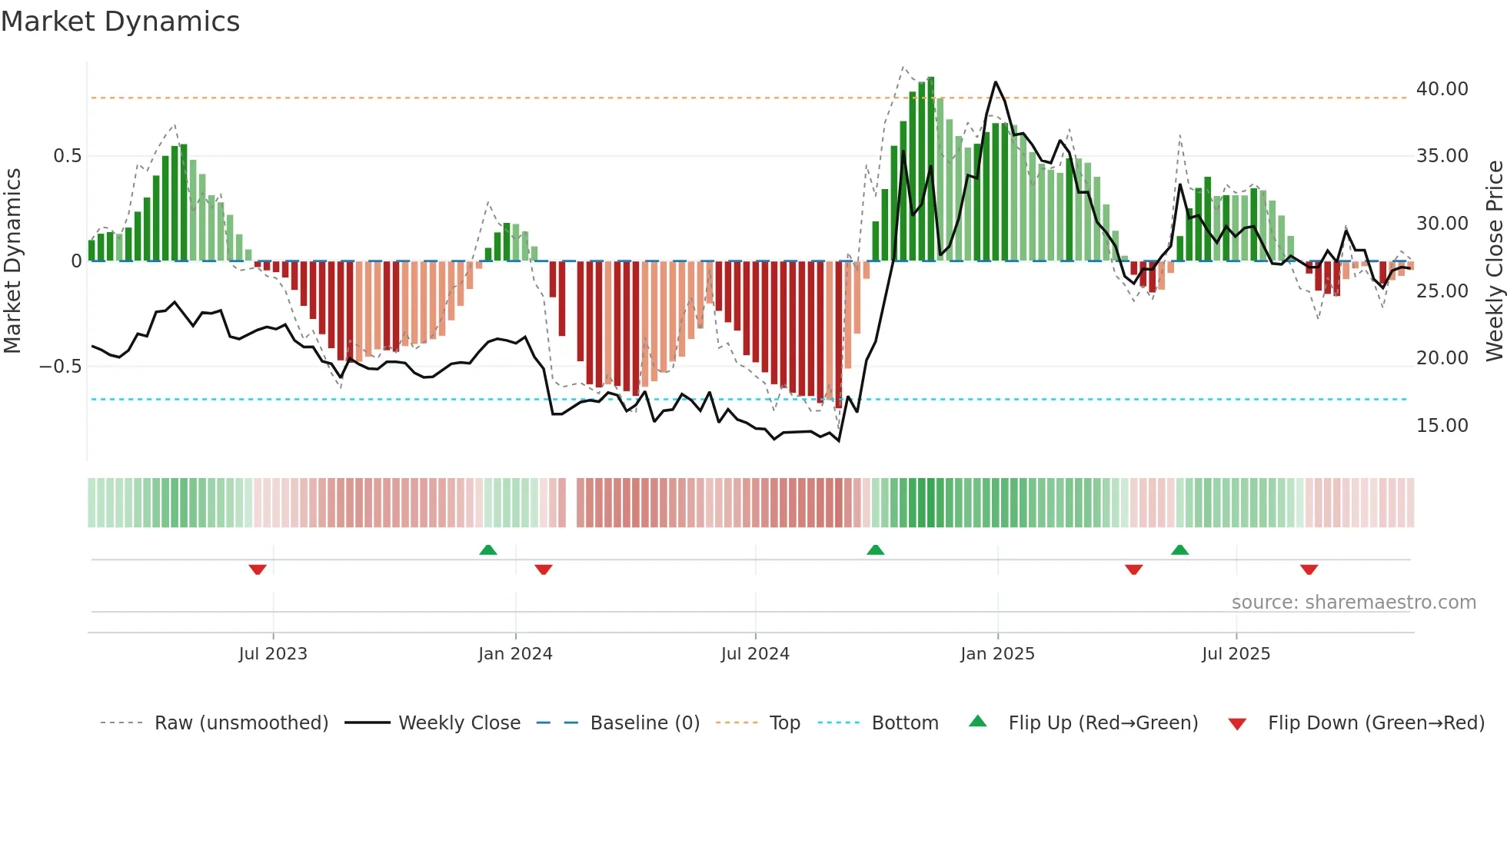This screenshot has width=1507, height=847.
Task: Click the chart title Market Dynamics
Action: pos(120,22)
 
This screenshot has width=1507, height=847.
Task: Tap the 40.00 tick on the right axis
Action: pos(1442,89)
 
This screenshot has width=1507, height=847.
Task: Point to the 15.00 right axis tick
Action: pos(1442,426)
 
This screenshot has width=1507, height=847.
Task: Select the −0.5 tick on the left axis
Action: pos(60,367)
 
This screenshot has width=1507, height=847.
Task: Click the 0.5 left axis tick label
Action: pos(67,156)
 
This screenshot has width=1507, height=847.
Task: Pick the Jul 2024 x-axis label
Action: pos(754,654)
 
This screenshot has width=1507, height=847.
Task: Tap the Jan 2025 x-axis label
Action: pos(996,654)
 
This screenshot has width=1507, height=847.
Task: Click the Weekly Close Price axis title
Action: pos(1494,261)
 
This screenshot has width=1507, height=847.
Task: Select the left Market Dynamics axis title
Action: pos(12,261)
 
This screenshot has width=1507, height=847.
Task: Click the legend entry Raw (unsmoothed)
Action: pos(241,723)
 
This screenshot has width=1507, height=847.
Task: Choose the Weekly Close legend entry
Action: pos(459,723)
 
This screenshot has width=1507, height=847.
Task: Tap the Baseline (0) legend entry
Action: pos(644,723)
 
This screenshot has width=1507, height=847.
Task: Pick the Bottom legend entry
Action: pos(904,723)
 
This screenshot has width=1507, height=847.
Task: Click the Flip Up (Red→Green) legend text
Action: pos(1103,723)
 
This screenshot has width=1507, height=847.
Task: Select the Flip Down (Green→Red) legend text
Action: pos(1376,723)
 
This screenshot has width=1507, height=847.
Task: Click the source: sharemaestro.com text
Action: pos(1353,603)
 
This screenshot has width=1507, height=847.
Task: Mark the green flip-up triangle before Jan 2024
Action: pos(487,550)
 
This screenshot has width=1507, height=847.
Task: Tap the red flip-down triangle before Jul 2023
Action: pos(258,570)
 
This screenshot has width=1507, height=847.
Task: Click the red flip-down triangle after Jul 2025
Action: pos(1309,570)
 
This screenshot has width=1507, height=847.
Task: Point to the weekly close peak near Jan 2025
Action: pos(995,82)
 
